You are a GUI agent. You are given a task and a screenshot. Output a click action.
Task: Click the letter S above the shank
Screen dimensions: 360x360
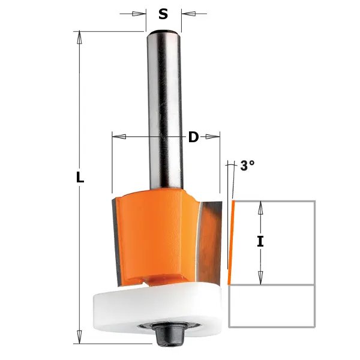[x=163, y=13]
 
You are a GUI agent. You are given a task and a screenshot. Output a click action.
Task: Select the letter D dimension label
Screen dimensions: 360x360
[x=193, y=137]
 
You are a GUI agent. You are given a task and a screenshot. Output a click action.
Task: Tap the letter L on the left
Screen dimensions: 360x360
[x=80, y=178]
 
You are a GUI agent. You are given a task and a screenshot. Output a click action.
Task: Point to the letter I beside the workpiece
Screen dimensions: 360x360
[x=260, y=242]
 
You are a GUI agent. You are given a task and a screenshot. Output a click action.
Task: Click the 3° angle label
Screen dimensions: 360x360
[x=247, y=166]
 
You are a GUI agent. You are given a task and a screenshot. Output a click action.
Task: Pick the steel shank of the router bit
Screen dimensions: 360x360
[x=163, y=108]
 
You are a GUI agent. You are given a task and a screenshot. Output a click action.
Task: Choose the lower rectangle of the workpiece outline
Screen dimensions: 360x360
[x=272, y=305]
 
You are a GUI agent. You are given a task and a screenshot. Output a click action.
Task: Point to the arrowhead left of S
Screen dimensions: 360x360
[x=139, y=13]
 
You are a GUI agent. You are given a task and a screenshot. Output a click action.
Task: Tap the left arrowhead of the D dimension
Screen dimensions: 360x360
[x=119, y=137]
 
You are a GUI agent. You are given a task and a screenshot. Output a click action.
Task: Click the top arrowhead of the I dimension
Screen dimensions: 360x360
[x=260, y=208]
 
